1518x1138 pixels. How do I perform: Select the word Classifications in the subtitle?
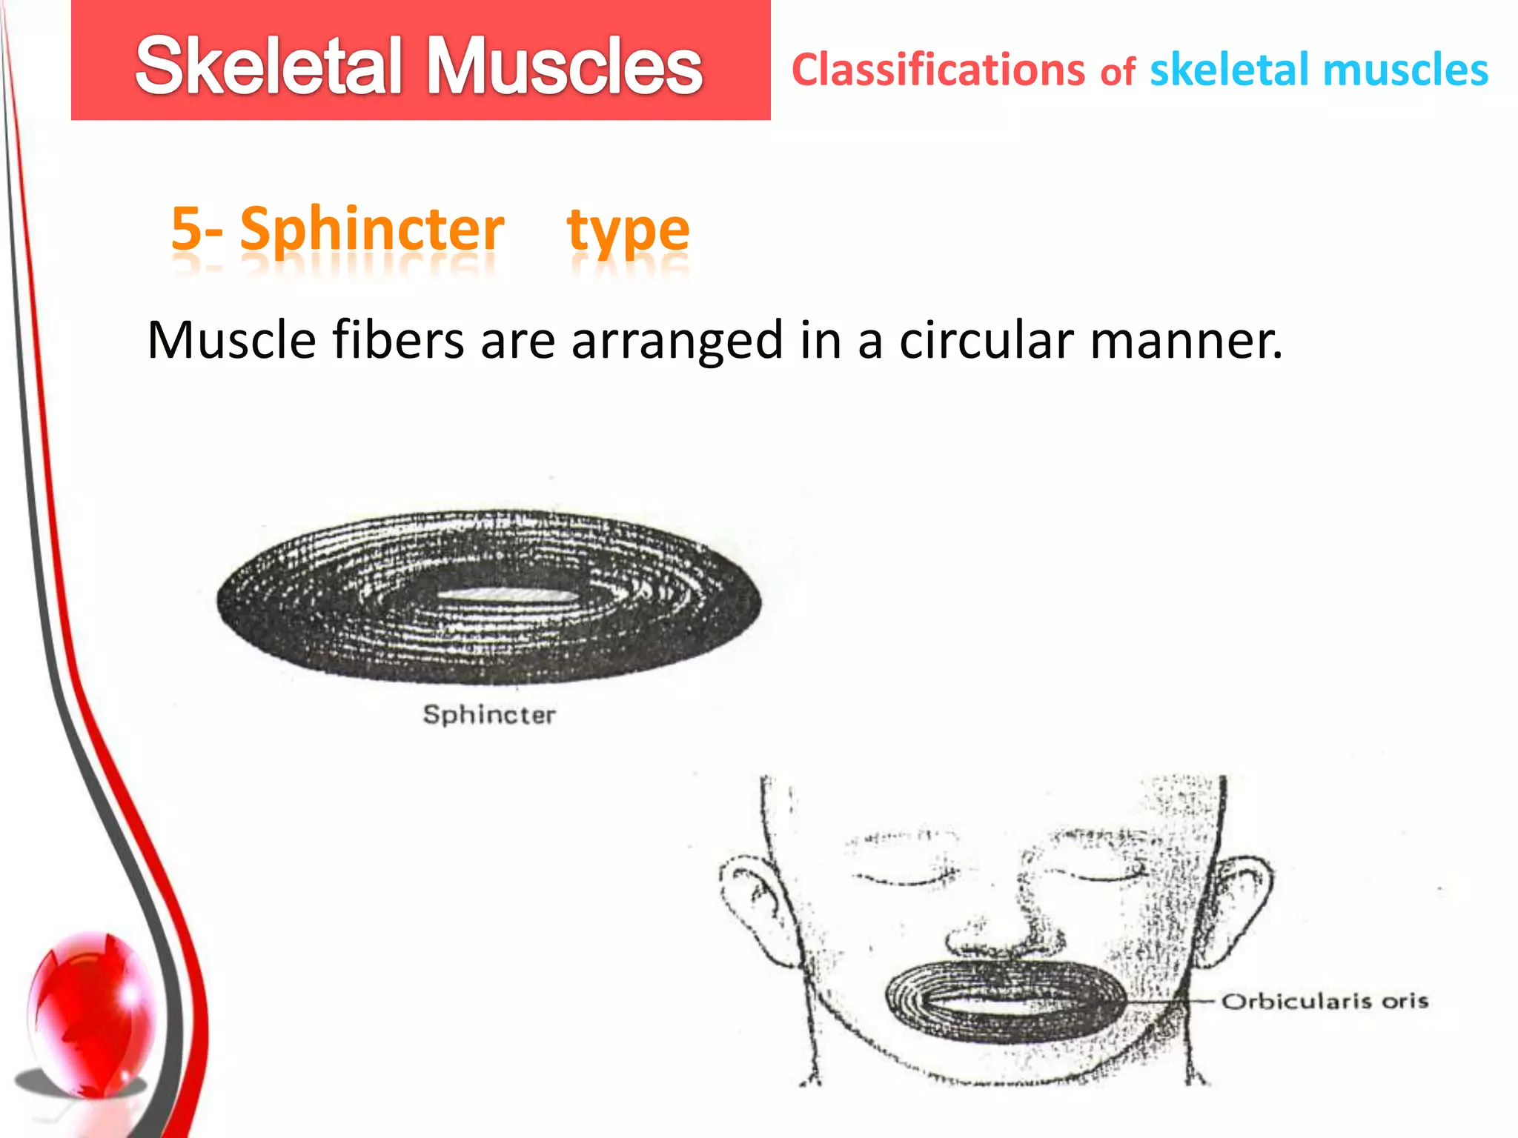[938, 70]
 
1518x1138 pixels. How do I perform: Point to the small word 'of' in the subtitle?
[1118, 73]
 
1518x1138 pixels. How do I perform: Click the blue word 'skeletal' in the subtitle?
[1230, 70]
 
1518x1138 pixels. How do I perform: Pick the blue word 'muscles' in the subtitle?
[1405, 70]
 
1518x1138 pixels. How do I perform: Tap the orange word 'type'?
[629, 231]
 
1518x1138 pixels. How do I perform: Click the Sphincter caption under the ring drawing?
[489, 715]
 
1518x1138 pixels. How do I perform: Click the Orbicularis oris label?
[1325, 1002]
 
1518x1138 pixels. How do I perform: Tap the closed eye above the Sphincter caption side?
[901, 878]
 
